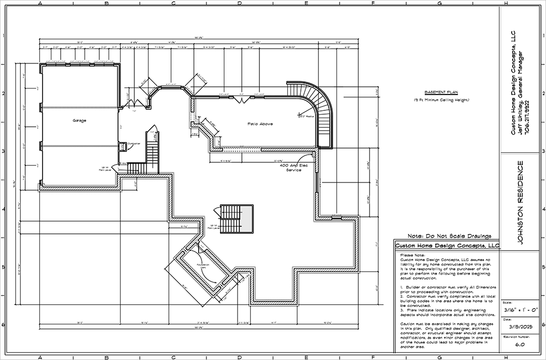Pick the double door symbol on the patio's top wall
click(x=238, y=99)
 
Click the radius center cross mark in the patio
click(x=299, y=115)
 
